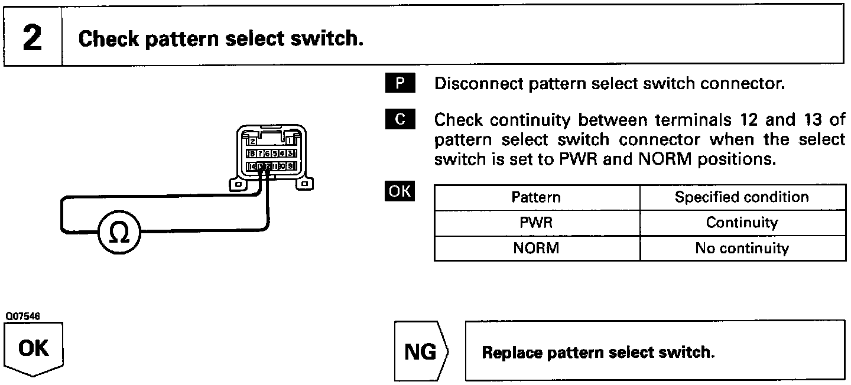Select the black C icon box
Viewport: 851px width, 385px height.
point(400,120)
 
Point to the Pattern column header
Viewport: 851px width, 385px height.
point(536,197)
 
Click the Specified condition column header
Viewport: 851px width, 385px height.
point(742,197)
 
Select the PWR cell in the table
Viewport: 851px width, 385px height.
point(537,223)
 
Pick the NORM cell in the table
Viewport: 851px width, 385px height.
point(537,248)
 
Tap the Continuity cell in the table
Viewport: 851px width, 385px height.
point(742,223)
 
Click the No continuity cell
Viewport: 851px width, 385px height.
point(742,248)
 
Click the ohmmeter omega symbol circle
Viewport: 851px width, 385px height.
point(119,234)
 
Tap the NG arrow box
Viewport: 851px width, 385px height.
point(421,353)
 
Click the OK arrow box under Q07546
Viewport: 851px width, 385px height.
point(34,350)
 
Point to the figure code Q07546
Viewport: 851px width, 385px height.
point(20,317)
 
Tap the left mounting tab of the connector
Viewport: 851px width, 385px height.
point(238,185)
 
